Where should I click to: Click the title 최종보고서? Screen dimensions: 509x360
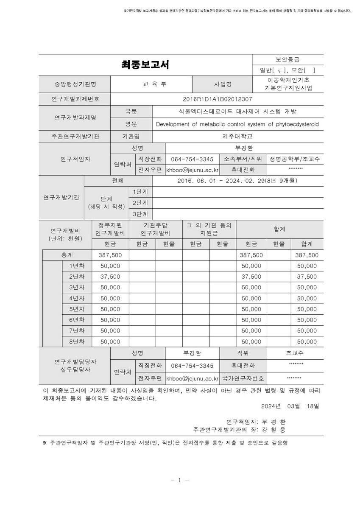coord(145,65)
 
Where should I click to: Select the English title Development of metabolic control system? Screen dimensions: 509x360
coord(237,124)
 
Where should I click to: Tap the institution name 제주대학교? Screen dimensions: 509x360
coord(237,137)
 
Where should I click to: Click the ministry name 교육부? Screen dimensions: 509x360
coord(154,84)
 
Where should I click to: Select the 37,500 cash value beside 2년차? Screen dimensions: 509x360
coord(110,277)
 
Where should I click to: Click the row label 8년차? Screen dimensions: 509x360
coord(77,341)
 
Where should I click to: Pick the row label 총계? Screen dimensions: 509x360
coord(67,255)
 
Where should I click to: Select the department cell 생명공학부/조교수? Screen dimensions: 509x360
coord(295,159)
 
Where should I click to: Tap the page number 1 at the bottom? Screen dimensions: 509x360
coord(179,480)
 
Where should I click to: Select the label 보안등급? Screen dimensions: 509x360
coord(287,60)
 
